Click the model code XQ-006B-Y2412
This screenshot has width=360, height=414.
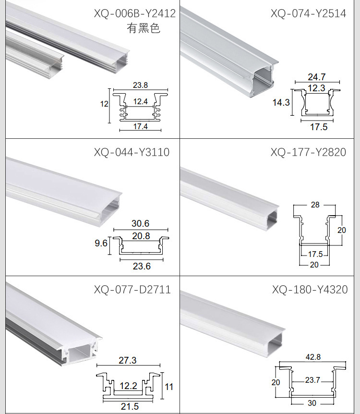[134, 13]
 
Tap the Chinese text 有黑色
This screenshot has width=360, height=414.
[144, 28]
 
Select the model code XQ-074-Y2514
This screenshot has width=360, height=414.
[308, 13]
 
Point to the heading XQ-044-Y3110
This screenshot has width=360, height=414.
[132, 152]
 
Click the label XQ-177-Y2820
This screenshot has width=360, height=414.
[308, 152]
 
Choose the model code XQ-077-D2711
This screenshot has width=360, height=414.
[132, 290]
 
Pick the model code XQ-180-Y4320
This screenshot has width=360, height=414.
[310, 290]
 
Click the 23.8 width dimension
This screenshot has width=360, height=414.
[140, 85]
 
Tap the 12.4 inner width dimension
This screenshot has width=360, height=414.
[141, 101]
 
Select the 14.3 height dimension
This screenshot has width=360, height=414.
[281, 102]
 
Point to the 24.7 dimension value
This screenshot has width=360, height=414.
[316, 77]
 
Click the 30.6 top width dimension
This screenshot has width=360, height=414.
[141, 223]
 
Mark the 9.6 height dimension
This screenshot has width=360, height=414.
[101, 243]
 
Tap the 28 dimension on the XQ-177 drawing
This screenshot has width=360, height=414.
[315, 205]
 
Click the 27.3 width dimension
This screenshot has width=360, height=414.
[128, 360]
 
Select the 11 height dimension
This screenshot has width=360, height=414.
[169, 387]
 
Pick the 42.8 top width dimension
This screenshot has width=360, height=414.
[313, 357]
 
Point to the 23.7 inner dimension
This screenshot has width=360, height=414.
[312, 380]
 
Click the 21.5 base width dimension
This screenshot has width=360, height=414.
[130, 406]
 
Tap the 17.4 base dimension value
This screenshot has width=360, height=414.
[140, 126]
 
